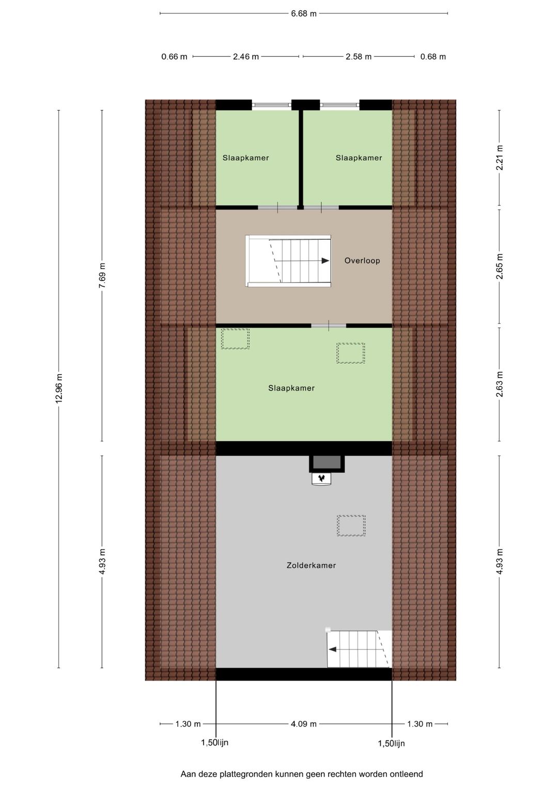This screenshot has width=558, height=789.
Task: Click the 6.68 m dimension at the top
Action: [x=303, y=13]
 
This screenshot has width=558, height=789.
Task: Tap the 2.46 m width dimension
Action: [x=245, y=57]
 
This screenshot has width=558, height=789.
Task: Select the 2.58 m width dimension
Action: [x=359, y=57]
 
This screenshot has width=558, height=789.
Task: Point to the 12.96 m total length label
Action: [x=59, y=388]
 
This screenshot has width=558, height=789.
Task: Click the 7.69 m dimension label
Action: [x=102, y=275]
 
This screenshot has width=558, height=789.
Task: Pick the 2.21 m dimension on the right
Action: [x=499, y=158]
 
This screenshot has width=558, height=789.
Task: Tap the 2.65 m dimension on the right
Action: [x=499, y=267]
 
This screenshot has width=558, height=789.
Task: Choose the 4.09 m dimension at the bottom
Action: [x=303, y=724]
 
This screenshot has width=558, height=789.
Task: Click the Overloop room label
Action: [x=362, y=261]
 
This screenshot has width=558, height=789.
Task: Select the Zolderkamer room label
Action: [x=311, y=566]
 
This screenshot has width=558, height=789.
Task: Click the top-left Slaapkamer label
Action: [x=246, y=158]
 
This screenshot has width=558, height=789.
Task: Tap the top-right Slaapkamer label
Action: [x=359, y=158]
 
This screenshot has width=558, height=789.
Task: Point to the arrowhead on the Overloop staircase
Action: [x=325, y=261]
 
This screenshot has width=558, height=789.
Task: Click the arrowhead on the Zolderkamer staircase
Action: [x=333, y=649]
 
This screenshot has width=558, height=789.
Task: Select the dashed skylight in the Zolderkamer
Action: [x=351, y=525]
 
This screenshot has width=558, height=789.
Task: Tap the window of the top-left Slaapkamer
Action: [x=271, y=105]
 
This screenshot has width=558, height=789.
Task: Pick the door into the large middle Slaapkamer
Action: [x=329, y=326]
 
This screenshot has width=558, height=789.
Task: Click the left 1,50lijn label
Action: [x=214, y=743]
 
